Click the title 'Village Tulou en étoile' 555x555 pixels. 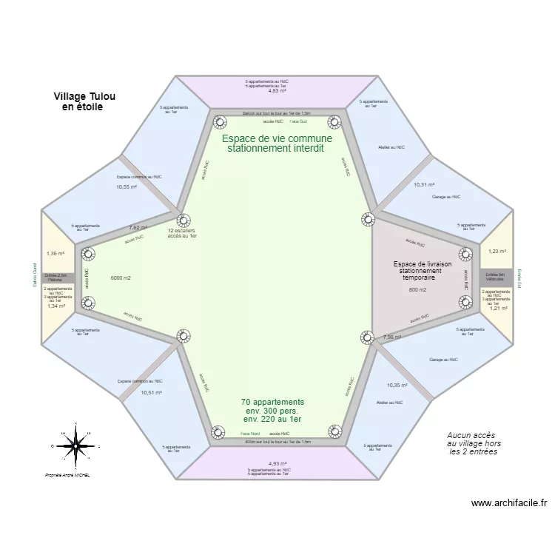pyautogui.click(x=84, y=101)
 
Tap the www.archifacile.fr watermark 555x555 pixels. pyautogui.click(x=510, y=503)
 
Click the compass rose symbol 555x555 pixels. pyautogui.click(x=75, y=446)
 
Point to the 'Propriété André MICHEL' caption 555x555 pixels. pyautogui.click(x=67, y=475)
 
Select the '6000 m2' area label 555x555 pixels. pyautogui.click(x=121, y=278)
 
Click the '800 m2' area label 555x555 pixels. pyautogui.click(x=417, y=290)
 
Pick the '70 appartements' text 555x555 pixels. pyautogui.click(x=272, y=402)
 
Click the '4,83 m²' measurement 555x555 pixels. pyautogui.click(x=277, y=91)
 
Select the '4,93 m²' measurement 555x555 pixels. pyautogui.click(x=277, y=464)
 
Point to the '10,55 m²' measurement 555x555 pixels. pyautogui.click(x=127, y=187)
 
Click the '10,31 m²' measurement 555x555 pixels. pyautogui.click(x=424, y=185)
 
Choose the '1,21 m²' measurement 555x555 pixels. pyautogui.click(x=498, y=309)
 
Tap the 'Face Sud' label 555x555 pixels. pyautogui.click(x=298, y=121)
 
